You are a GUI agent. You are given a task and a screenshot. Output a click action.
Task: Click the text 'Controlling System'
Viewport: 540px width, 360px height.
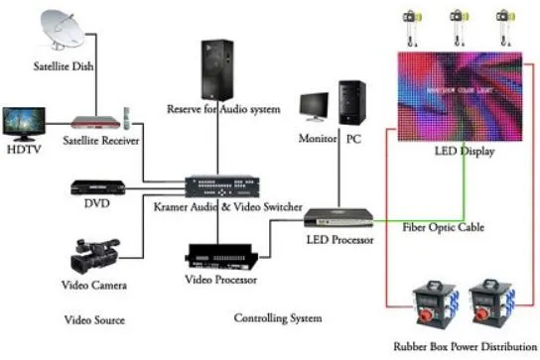click(277, 318)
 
